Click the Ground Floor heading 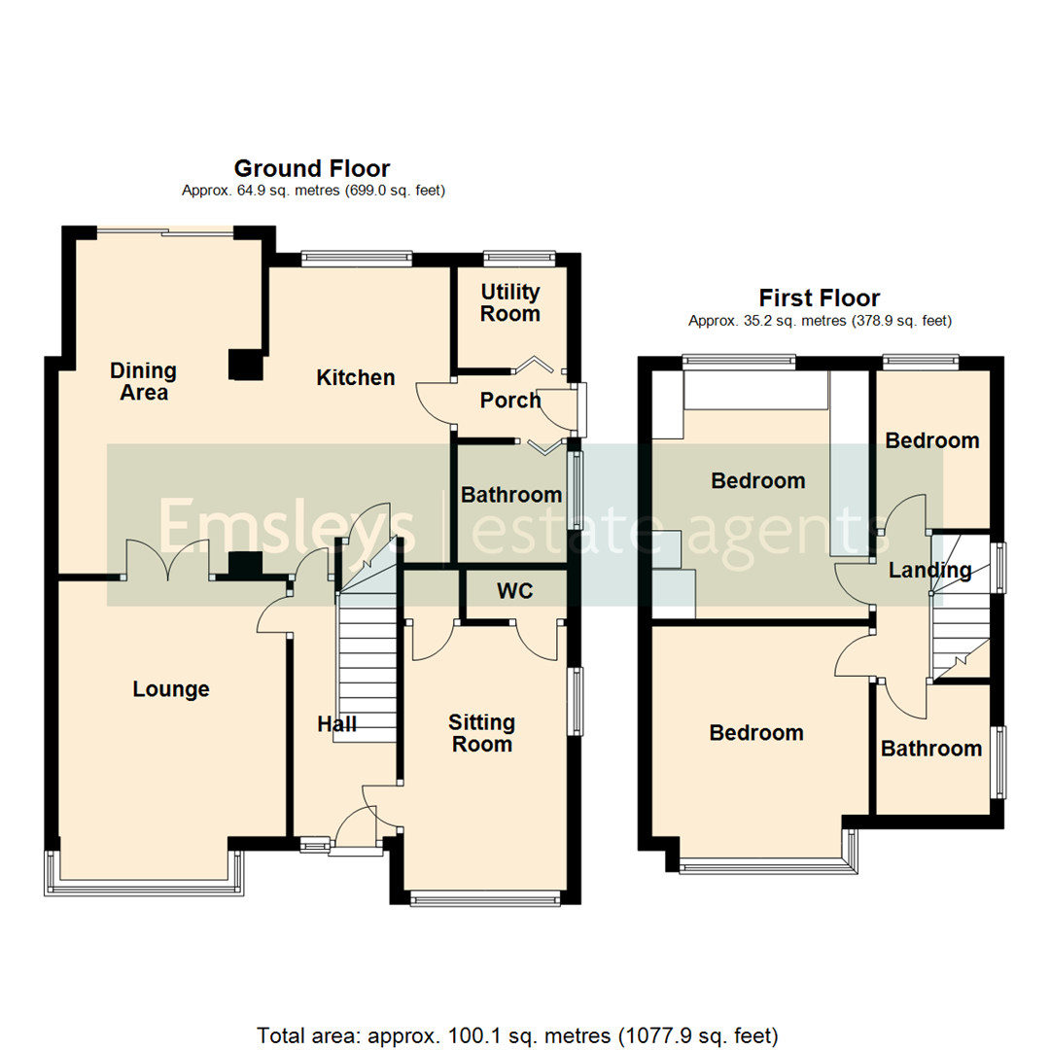coord(312,169)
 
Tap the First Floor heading coord(819,297)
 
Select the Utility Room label coord(510,303)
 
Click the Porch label coord(510,401)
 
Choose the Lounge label coord(171,689)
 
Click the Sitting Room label coord(481,733)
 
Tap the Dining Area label coord(143,381)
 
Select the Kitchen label coord(356,377)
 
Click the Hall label coord(337,724)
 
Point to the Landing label coord(929,571)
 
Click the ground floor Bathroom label coord(511,495)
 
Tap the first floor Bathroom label coord(931,748)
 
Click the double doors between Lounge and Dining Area coord(168,562)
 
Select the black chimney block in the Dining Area coord(246,365)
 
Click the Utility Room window coord(519,259)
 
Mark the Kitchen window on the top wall coord(357,259)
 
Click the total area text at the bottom coord(517,1034)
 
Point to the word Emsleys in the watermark coord(288,526)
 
